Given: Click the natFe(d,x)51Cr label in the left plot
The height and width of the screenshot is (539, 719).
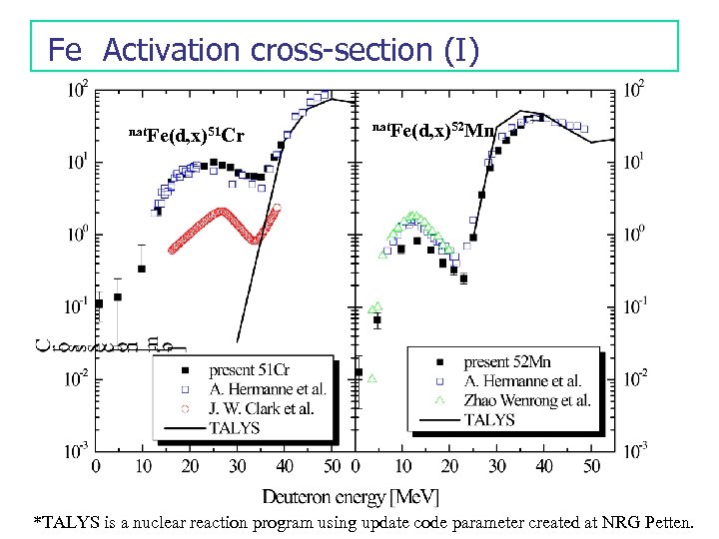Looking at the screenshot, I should [x=188, y=135].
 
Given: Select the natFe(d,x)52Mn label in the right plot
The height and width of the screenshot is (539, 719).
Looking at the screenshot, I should [x=432, y=131].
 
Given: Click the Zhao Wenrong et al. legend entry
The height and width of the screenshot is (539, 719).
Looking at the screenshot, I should [x=527, y=400].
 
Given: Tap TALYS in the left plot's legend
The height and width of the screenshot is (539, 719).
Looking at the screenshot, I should [x=237, y=427].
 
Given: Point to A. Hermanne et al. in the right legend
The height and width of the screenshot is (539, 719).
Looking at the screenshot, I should [x=522, y=380].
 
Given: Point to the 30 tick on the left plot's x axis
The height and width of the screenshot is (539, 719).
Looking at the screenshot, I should [x=238, y=465].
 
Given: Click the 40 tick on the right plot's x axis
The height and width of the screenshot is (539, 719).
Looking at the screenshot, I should [x=543, y=465].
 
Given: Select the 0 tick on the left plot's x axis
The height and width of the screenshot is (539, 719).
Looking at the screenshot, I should [x=97, y=465].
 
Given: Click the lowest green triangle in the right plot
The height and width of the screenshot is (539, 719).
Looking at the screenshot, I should [x=370, y=378].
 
